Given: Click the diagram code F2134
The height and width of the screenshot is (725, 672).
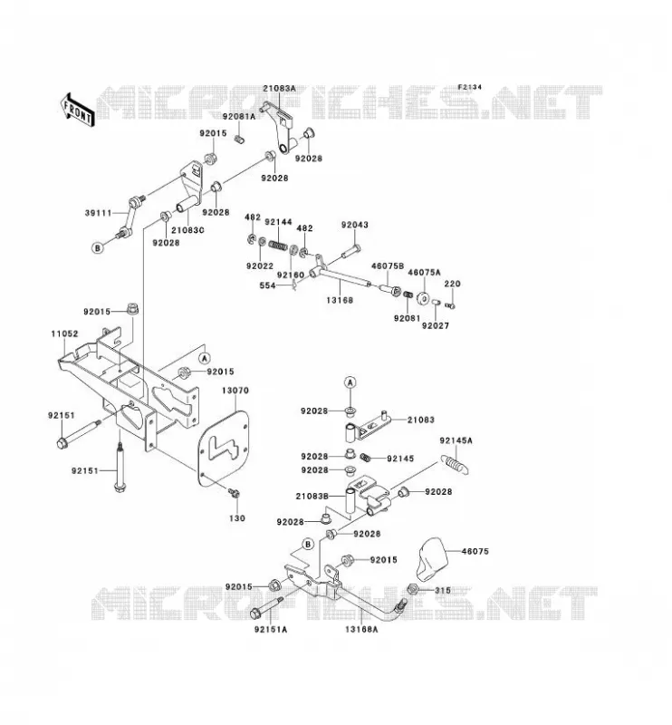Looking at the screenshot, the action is point(469,87).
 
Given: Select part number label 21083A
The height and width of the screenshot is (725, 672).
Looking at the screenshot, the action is point(279,88).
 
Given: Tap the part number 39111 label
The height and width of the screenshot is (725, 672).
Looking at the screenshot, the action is point(99,213).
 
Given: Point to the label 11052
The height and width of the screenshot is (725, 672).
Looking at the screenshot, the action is point(64,333).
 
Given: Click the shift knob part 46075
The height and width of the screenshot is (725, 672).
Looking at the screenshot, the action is point(432,558).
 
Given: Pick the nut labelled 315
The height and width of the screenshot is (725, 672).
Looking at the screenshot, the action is point(413,590).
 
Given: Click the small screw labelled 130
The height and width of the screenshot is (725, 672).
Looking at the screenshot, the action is point(235,493).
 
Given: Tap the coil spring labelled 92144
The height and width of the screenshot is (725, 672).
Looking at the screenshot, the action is point(278,244).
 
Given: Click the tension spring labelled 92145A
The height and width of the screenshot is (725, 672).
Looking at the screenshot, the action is point(455,464).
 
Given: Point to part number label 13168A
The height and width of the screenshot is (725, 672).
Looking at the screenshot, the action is point(361,629).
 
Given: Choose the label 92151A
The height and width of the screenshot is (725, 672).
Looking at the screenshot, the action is point(271,629).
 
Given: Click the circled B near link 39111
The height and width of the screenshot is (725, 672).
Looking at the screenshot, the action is point(98,247).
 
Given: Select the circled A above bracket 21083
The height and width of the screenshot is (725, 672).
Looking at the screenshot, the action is point(350,382).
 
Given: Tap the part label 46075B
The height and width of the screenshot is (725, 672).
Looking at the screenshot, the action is point(388,266).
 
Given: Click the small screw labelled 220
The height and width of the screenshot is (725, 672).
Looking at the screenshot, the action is point(450,304).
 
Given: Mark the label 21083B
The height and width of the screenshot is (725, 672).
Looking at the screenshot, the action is point(312,496).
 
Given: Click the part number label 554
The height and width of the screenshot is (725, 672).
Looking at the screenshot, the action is point(267,285).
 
